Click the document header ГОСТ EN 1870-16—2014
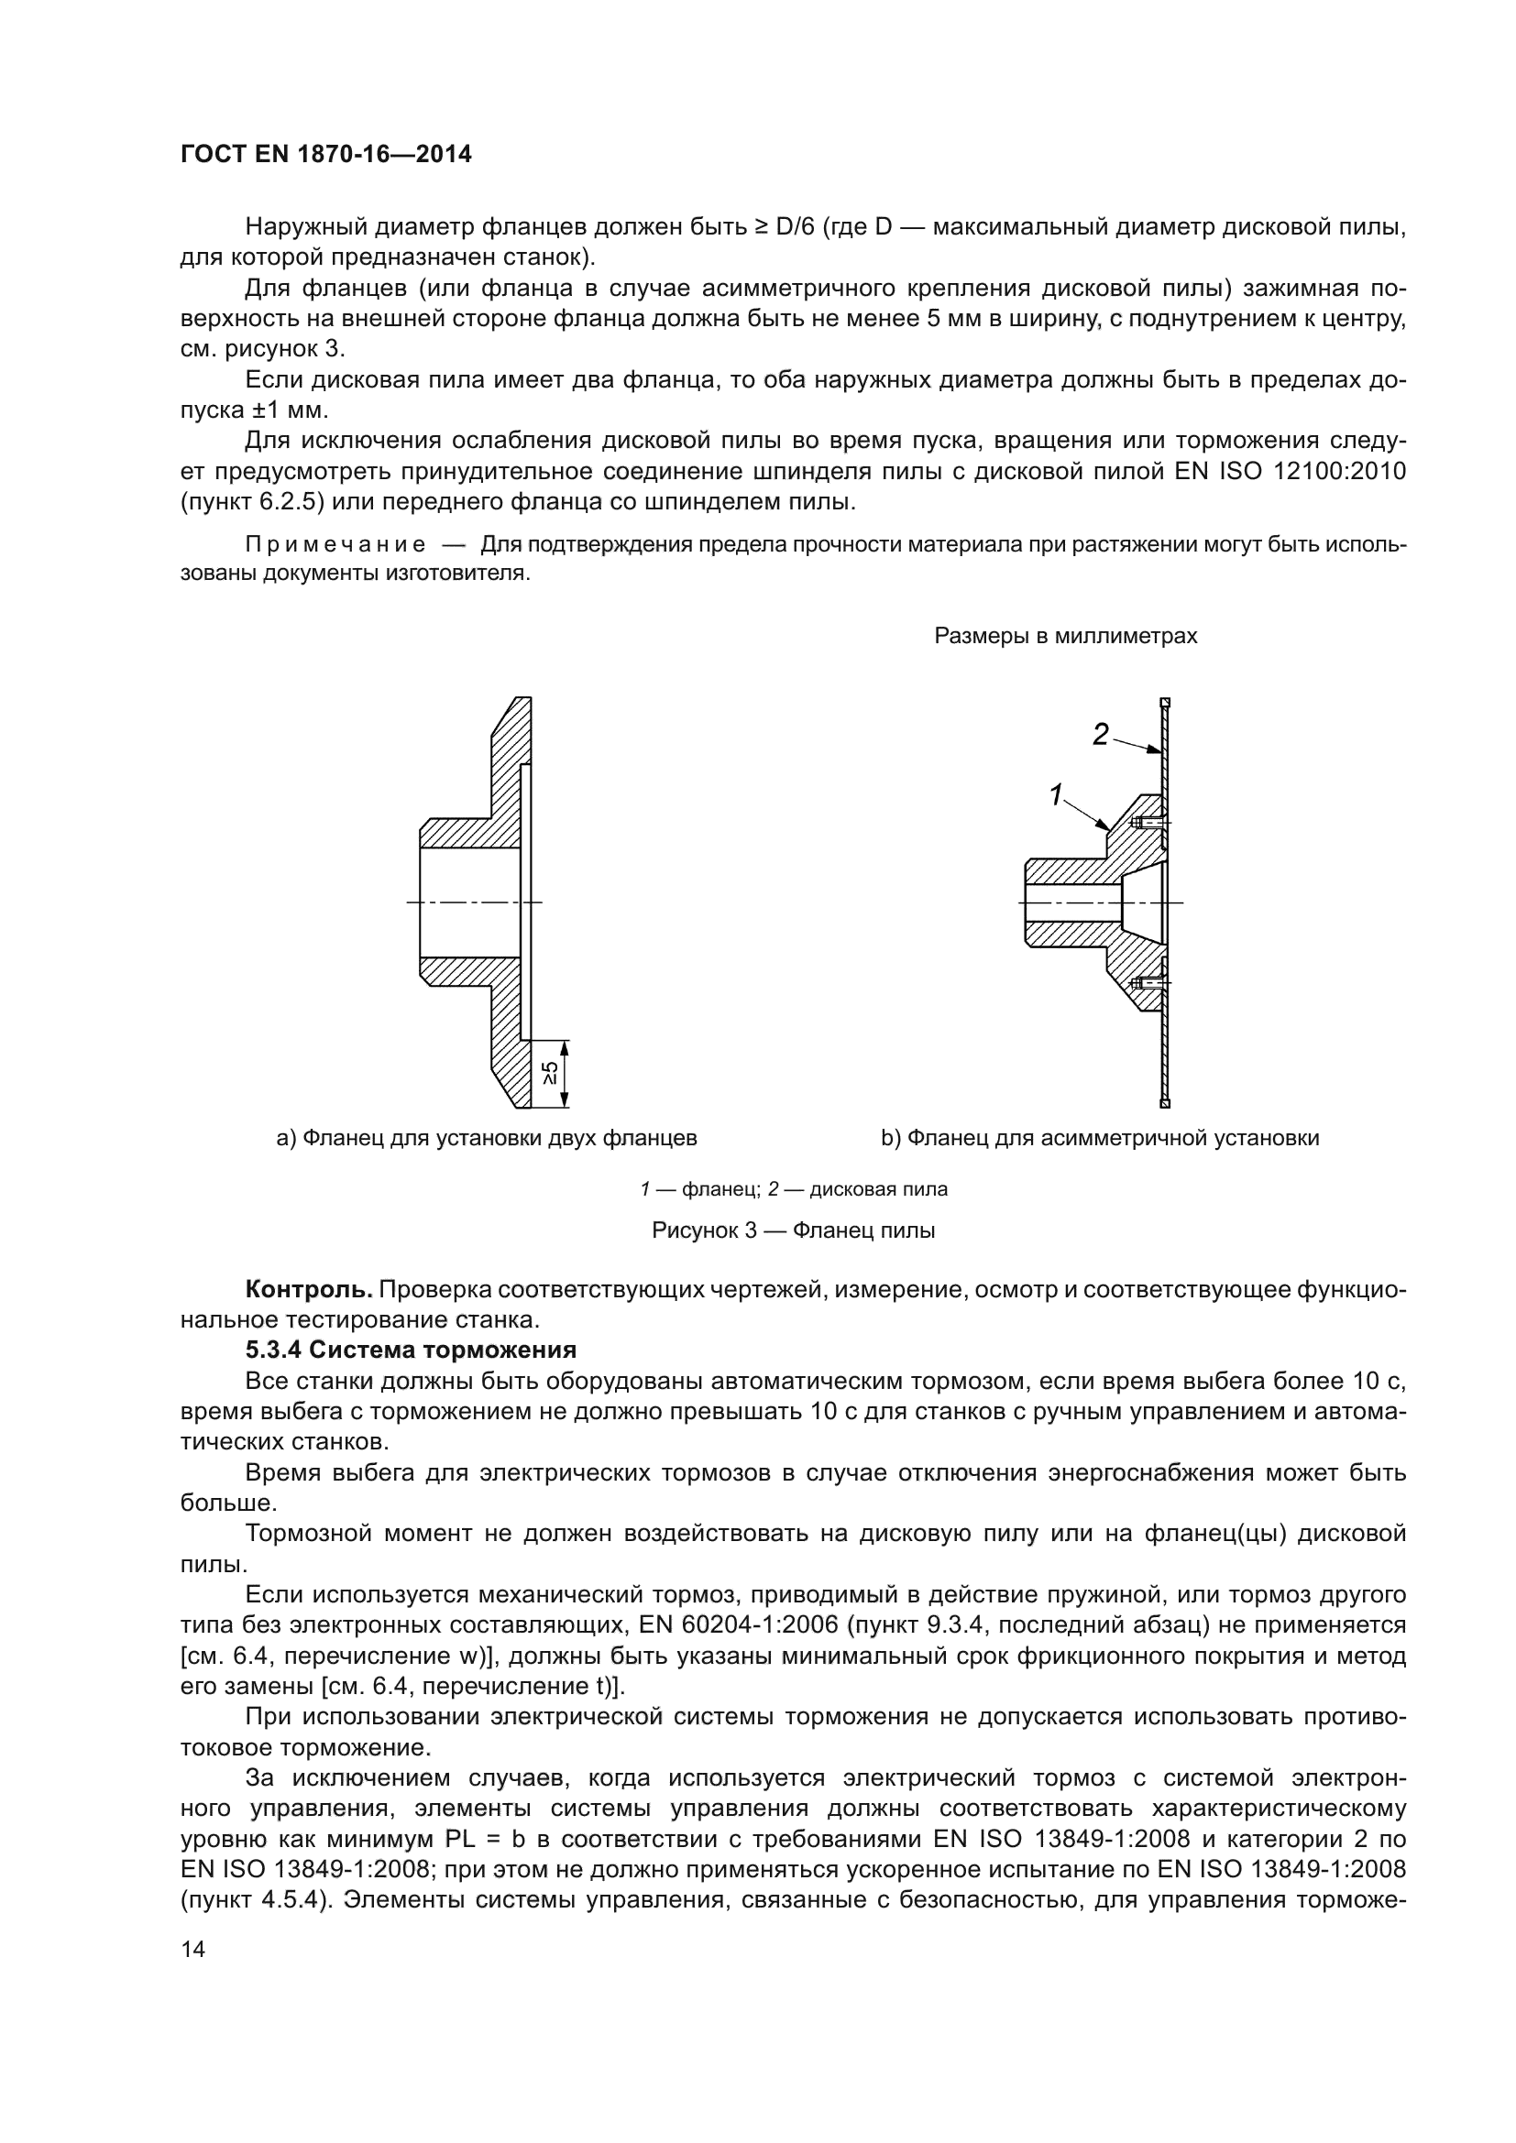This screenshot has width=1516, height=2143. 325,155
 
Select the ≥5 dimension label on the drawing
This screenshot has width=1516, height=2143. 552,1075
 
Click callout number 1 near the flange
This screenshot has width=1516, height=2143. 1057,795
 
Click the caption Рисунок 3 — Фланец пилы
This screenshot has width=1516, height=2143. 793,1230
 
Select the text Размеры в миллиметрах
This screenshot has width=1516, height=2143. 1066,637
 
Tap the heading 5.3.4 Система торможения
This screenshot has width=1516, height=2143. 411,1350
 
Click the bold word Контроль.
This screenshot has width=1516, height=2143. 309,1289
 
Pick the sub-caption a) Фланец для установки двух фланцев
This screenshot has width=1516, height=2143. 487,1138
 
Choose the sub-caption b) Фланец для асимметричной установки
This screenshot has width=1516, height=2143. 1100,1138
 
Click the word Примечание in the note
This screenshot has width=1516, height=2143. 336,545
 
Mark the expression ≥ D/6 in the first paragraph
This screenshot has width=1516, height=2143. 785,227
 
